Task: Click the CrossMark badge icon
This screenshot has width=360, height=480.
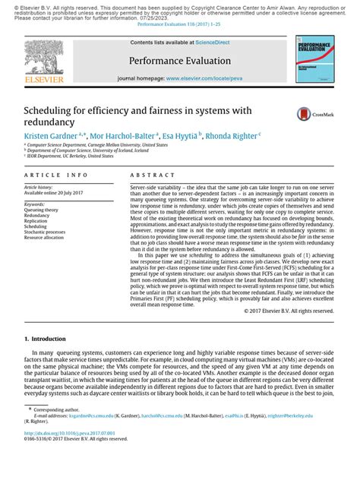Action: click(311, 114)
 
